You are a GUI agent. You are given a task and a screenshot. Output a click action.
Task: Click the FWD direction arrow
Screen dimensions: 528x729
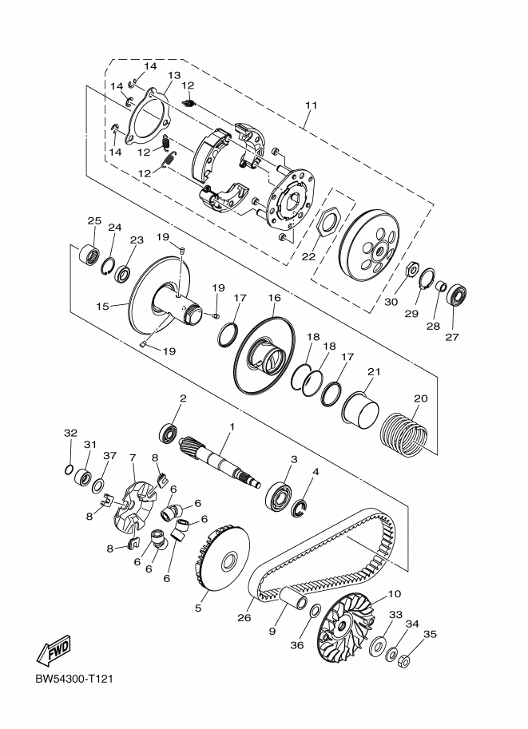(54, 649)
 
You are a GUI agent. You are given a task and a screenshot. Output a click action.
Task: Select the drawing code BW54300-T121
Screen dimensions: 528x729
(74, 679)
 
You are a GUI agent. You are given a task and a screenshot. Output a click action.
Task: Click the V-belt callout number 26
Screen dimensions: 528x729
(244, 618)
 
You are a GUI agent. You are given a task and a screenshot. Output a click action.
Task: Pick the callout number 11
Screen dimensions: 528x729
(311, 105)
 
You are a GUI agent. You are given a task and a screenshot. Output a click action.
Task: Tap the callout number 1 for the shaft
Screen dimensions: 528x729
(232, 426)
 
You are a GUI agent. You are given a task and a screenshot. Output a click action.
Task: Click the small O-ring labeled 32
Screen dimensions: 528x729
(69, 470)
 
